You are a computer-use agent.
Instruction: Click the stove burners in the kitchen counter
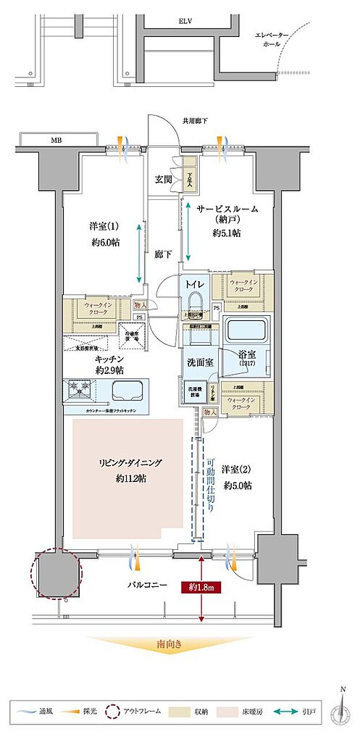click(x=78, y=391)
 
